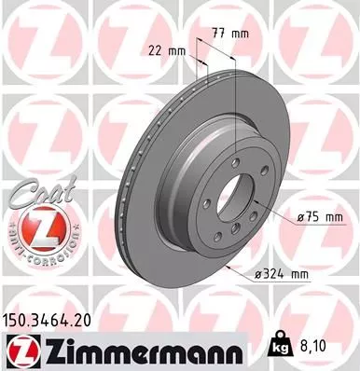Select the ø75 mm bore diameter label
coord(317,217)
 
